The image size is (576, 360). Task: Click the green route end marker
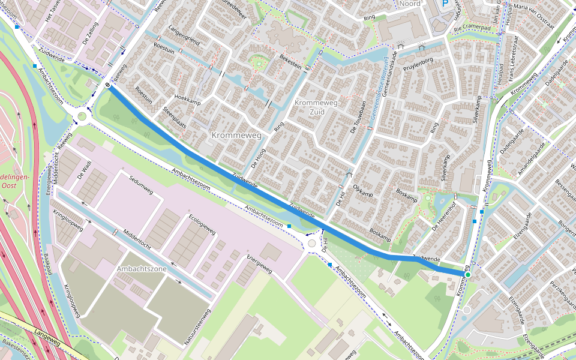click(x=467, y=275)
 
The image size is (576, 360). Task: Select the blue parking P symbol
click(x=445, y=4)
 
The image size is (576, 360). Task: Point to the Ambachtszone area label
click(x=142, y=269)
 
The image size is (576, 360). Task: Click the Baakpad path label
click(x=47, y=264)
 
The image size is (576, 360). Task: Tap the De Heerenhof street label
click(x=445, y=217)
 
